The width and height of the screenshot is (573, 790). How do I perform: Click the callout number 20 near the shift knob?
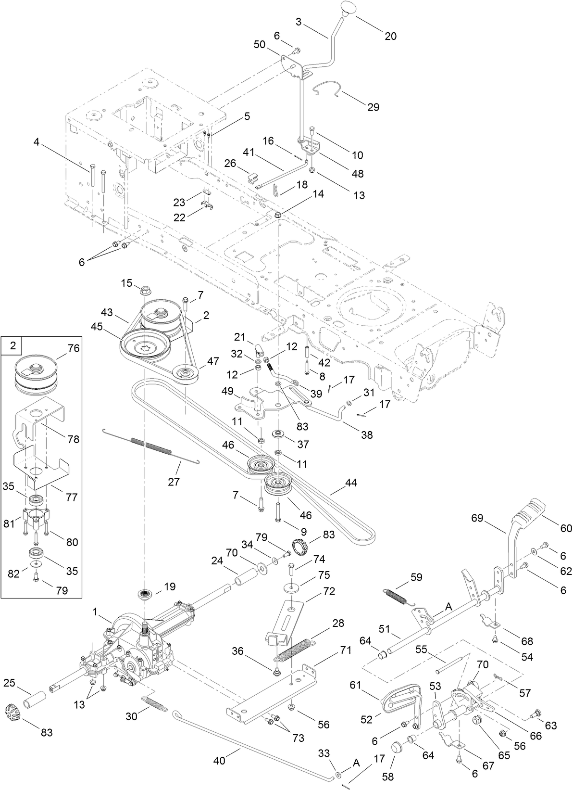click(390, 36)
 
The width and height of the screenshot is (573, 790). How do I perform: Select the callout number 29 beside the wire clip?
click(373, 107)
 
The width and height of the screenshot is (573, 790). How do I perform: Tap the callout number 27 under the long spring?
click(174, 482)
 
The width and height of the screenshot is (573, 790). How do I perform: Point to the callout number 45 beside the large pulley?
click(97, 326)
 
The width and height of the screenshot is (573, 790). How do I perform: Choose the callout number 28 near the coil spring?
click(338, 623)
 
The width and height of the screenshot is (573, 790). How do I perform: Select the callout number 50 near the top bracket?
click(260, 45)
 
